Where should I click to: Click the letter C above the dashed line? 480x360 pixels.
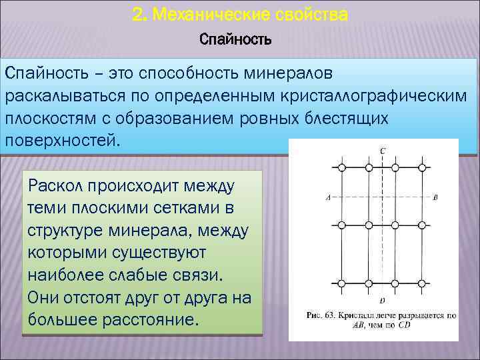tap(382, 151)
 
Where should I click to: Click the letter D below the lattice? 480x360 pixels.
tap(382, 300)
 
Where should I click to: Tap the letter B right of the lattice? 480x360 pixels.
tap(435, 197)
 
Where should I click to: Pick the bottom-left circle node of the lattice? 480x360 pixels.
tap(342, 283)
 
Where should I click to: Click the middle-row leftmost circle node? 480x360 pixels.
tap(342, 225)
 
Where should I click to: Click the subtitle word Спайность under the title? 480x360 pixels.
tap(235, 39)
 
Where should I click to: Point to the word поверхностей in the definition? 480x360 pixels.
tap(60, 141)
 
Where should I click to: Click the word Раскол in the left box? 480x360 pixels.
tap(53, 183)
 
